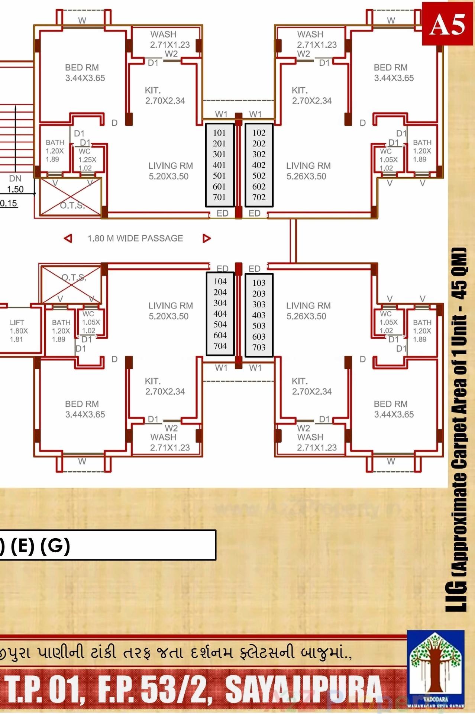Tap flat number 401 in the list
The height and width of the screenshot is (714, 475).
tap(219, 165)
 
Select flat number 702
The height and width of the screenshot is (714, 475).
tap(259, 197)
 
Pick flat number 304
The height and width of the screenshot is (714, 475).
tap(220, 303)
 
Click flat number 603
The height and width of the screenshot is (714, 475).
tap(259, 337)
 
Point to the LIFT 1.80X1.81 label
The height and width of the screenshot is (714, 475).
tap(18, 331)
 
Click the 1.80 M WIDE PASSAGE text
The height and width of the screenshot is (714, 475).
tap(135, 238)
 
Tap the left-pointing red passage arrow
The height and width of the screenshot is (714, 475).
tap(68, 238)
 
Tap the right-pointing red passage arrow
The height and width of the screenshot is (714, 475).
tap(207, 238)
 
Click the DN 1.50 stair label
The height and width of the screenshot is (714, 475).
tap(15, 184)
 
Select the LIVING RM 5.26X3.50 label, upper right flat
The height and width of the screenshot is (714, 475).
tap(308, 171)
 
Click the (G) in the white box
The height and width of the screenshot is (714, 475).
tap(55, 546)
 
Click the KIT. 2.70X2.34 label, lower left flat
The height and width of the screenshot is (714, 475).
tap(165, 386)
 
